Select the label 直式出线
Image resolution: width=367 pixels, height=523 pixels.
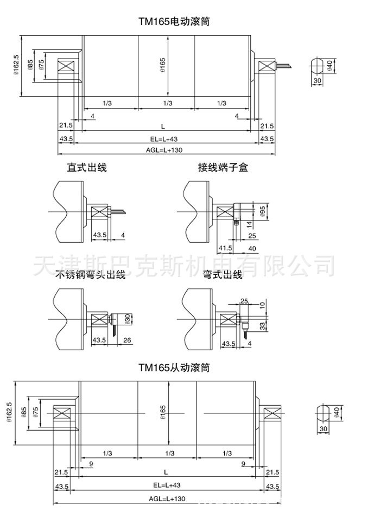pyautogui.click(x=87, y=168)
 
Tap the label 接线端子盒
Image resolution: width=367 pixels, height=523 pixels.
pyautogui.click(x=223, y=168)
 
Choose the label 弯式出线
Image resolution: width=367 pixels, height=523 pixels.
pyautogui.click(x=222, y=275)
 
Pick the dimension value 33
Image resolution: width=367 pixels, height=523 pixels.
pyautogui.click(x=263, y=326)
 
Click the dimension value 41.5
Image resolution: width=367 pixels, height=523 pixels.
pyautogui.click(x=225, y=248)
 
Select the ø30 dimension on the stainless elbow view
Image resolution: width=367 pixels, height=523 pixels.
pyautogui.click(x=128, y=319)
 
